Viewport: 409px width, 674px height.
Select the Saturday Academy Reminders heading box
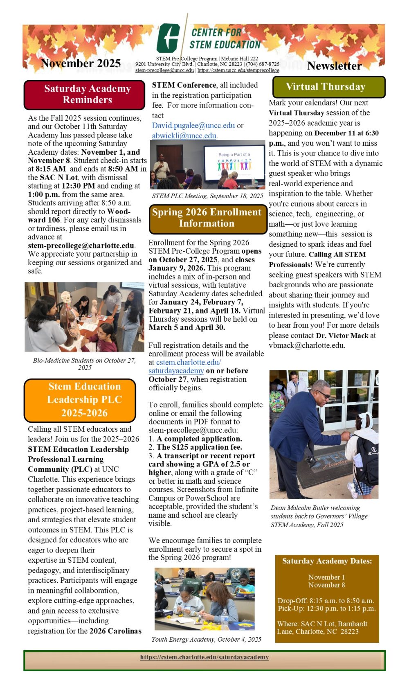pyautogui.click(x=84, y=95)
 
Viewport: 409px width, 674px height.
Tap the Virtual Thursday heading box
pyautogui.click(x=329, y=87)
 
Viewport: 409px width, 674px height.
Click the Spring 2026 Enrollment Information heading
pyautogui.click(x=207, y=218)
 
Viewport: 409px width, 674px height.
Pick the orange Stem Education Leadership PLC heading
pyautogui.click(x=80, y=400)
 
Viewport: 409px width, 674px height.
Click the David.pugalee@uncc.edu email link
pyautogui.click(x=193, y=126)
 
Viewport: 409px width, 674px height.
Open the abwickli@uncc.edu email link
pyautogui.click(x=184, y=135)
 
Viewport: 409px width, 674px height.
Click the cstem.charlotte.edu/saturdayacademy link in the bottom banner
pyautogui.click(x=204, y=657)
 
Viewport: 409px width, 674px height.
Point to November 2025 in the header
pyautogui.click(x=81, y=63)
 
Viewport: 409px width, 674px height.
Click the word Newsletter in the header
pyautogui.click(x=334, y=66)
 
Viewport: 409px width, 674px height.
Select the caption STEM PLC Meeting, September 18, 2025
pyautogui.click(x=207, y=196)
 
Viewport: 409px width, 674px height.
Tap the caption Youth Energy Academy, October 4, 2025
pyautogui.click(x=206, y=639)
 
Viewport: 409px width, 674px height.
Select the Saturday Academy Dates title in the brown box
pyautogui.click(x=327, y=561)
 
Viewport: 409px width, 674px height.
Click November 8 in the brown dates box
pyautogui.click(x=327, y=585)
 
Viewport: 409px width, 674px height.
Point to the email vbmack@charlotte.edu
pyautogui.click(x=307, y=345)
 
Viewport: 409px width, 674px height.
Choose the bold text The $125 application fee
pyautogui.click(x=199, y=447)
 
